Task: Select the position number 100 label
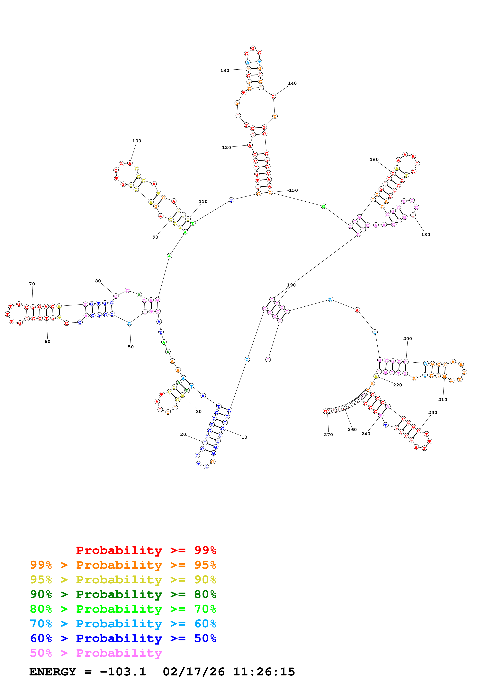(137, 141)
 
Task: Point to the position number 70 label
(32, 284)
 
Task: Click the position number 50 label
(130, 347)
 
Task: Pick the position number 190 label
(291, 285)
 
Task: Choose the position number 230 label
(432, 413)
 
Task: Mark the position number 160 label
(374, 160)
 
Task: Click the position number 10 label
(244, 437)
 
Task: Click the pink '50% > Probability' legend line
(96, 653)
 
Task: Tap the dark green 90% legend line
(123, 594)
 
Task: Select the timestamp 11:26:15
(264, 672)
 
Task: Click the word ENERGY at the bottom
(53, 672)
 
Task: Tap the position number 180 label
(426, 234)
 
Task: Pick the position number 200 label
(407, 339)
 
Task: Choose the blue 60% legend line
(123, 638)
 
